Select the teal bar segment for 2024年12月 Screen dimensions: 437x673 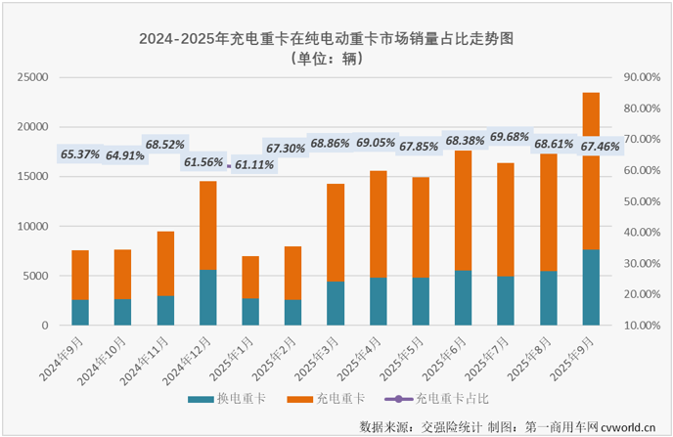(207, 297)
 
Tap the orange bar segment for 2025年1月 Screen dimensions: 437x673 (250, 278)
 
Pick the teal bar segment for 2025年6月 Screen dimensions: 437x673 (463, 298)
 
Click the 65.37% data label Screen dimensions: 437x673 (80, 153)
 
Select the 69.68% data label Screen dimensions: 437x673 (510, 137)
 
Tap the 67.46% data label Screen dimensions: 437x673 (601, 147)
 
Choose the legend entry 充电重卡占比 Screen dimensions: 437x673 (443, 399)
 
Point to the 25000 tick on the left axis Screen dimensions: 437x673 (32, 77)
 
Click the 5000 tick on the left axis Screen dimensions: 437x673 (36, 276)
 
